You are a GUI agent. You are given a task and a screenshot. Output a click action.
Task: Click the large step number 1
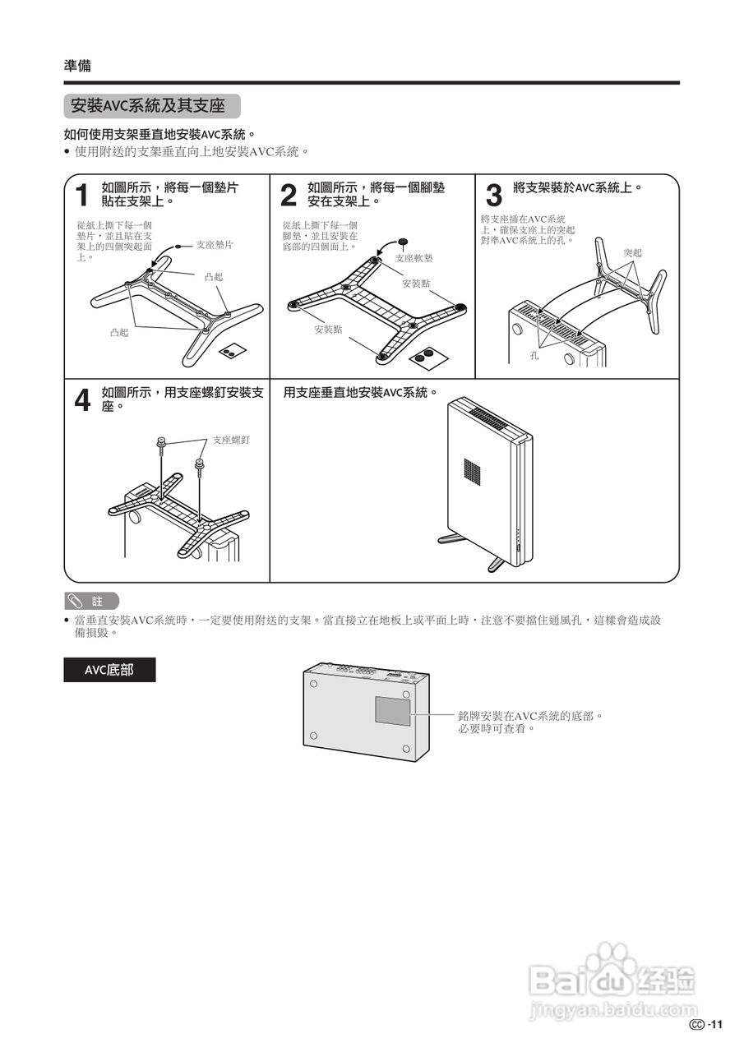81,196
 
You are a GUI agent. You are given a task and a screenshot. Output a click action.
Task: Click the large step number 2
289,196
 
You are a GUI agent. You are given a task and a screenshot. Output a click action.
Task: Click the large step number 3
493,196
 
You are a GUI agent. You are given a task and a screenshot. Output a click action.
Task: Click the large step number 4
83,401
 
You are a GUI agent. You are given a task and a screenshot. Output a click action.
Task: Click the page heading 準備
77,66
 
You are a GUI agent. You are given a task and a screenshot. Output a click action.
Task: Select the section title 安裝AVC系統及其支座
148,106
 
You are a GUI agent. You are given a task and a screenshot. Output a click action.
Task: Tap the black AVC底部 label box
109,670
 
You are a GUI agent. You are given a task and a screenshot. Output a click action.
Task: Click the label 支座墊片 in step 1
215,245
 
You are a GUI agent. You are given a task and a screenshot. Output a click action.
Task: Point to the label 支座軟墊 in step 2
414,258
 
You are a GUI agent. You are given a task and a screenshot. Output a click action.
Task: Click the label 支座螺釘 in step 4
231,440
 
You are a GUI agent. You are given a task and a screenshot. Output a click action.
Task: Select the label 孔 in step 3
534,356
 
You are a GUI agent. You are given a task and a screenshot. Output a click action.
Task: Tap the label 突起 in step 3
632,252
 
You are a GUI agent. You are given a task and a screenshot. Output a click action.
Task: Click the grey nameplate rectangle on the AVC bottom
393,710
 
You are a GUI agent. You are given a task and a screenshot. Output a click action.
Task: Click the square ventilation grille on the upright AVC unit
474,472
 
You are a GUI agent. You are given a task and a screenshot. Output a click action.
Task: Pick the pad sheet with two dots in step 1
231,351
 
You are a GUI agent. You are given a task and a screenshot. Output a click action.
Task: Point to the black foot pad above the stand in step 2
403,242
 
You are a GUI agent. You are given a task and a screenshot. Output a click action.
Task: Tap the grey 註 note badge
91,601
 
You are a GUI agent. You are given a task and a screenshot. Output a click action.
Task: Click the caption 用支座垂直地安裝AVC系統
357,393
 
